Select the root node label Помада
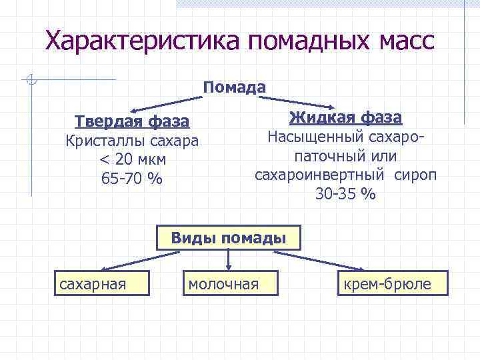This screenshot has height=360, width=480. tap(235, 87)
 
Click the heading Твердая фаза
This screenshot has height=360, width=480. tap(132, 122)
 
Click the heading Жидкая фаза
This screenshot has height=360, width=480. tap(345, 118)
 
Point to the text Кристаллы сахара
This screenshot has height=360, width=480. tap(132, 141)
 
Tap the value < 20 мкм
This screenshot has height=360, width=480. tap(132, 160)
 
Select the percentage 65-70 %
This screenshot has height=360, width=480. tap(132, 179)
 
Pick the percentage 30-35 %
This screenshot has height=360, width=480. tap(345, 194)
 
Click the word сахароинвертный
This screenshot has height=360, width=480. tap(319, 175)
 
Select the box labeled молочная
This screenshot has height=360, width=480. tap(228, 285)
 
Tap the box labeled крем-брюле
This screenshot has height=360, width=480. tap(393, 285)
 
